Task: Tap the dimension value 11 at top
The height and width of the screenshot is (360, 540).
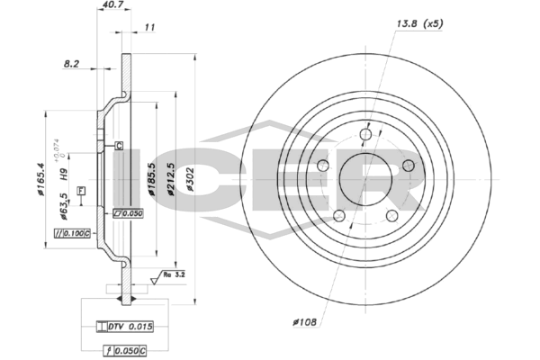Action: coord(150,28)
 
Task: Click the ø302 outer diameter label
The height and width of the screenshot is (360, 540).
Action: coord(189,181)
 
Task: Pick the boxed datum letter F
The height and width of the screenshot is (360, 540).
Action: coord(82,191)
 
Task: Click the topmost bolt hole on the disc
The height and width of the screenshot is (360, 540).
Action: coord(365,136)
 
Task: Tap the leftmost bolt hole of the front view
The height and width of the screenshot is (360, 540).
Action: coord(323,166)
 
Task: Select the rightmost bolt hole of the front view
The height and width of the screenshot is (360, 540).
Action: coord(408,166)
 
